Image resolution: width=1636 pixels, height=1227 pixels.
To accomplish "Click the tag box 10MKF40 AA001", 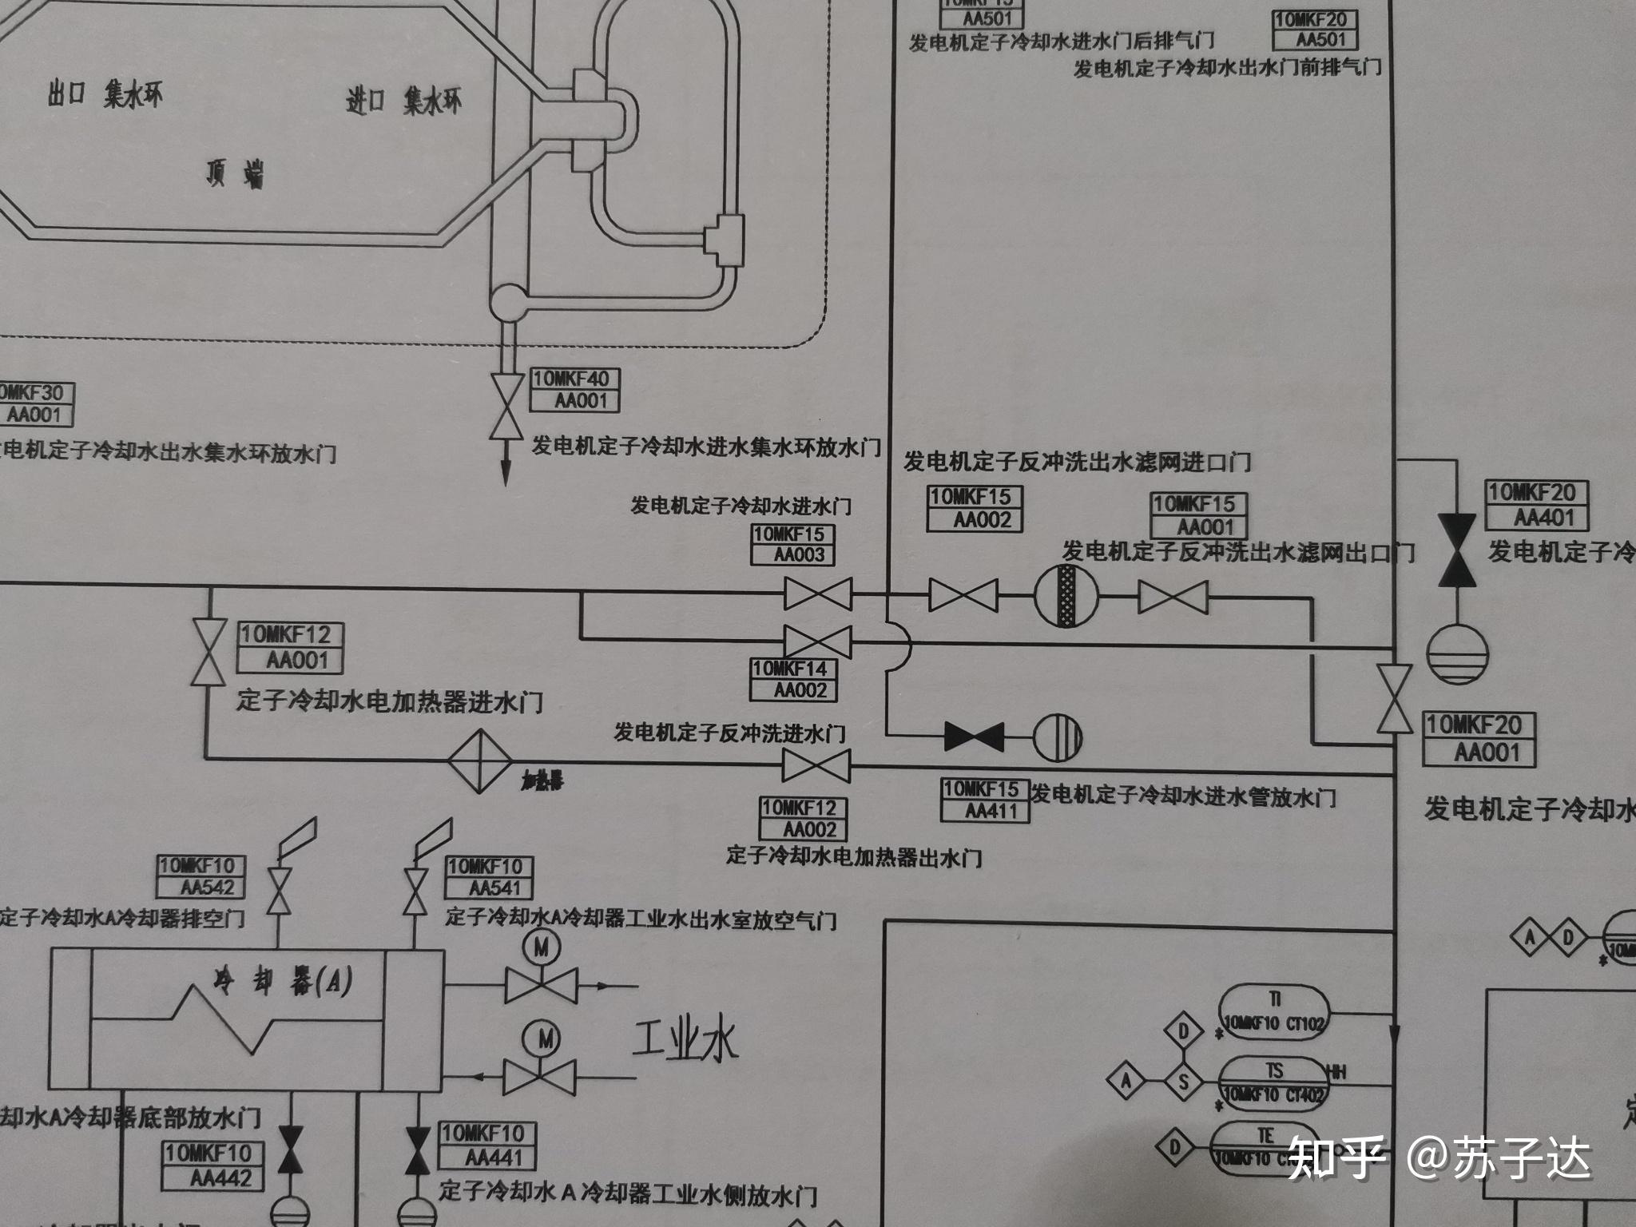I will tap(575, 389).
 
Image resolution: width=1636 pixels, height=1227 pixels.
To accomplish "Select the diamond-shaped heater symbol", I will tap(478, 760).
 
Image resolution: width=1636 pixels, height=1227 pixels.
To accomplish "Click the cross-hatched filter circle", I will tap(1066, 596).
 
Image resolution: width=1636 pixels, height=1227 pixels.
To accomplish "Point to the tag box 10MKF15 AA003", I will tap(792, 545).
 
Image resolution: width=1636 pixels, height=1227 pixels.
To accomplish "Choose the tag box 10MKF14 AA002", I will tap(792, 679).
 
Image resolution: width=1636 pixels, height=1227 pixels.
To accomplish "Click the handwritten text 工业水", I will tap(685, 1040).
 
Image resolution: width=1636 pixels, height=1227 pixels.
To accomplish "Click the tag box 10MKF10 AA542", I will tap(201, 876).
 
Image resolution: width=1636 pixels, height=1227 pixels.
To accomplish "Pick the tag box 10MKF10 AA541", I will tap(489, 877).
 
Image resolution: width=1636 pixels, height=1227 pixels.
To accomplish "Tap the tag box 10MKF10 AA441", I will tap(488, 1146).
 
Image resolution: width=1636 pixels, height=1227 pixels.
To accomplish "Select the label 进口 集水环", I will tap(403, 102).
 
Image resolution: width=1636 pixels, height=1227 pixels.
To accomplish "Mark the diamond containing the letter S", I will tap(1184, 1082).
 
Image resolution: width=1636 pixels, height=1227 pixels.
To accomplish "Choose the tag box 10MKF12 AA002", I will tap(803, 819).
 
